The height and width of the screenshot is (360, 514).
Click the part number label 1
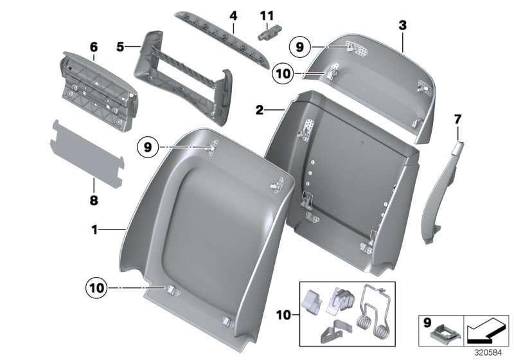tap(95, 229)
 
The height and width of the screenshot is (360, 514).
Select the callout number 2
tap(260, 110)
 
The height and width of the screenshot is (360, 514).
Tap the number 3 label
tap(402, 26)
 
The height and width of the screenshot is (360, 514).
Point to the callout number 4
tap(233, 14)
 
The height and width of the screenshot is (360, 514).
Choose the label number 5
tap(120, 46)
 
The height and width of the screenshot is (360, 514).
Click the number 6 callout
tap(94, 46)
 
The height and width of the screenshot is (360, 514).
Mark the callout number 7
tap(457, 119)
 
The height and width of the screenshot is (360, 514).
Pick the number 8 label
tap(94, 201)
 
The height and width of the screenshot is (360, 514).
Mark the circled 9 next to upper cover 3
tap(299, 46)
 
